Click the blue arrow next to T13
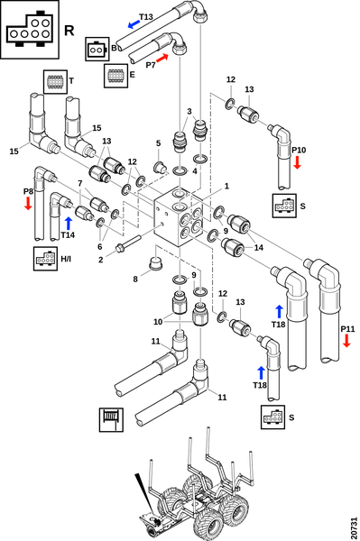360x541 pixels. (134, 23)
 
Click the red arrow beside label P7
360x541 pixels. (162, 58)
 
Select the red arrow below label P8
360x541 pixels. (28, 203)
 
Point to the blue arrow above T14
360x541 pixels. (69, 224)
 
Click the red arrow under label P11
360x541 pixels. (346, 341)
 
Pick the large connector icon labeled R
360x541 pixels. (30, 29)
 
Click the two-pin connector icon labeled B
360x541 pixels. (97, 49)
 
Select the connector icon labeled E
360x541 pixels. (116, 76)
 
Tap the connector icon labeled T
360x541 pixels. (55, 82)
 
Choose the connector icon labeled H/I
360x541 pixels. (45, 259)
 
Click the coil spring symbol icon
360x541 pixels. (111, 419)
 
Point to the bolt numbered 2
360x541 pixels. (129, 243)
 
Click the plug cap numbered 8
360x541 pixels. (155, 264)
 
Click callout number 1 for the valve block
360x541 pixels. (226, 186)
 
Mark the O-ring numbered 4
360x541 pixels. (200, 160)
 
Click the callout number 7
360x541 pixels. (80, 183)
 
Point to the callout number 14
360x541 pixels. (259, 247)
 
